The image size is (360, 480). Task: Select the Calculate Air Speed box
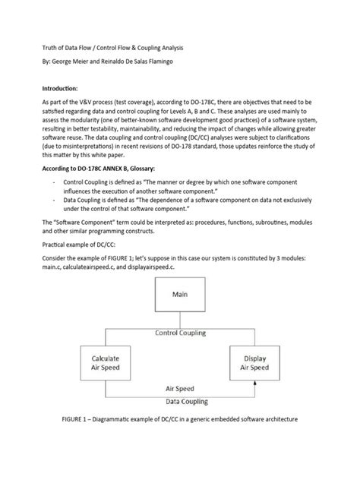tap(106, 362)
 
